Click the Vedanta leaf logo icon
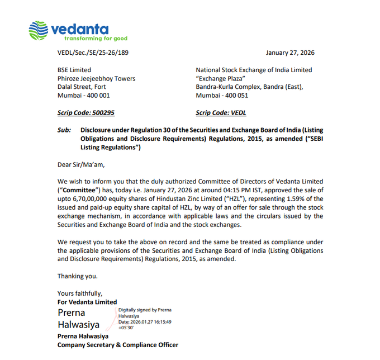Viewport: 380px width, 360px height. [39, 31]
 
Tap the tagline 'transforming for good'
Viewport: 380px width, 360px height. [96, 39]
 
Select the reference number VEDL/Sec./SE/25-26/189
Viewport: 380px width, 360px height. [93, 53]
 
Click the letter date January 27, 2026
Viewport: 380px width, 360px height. [290, 53]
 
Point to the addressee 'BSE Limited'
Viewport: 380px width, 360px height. [74, 70]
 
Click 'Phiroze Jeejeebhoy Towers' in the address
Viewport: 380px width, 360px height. [96, 79]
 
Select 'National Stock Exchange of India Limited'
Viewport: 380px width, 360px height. [254, 70]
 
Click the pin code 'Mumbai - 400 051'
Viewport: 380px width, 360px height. [222, 96]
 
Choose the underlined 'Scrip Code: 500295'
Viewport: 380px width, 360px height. [86, 113]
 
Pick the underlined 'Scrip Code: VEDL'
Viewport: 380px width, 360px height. [221, 113]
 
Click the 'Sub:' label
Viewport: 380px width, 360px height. [64, 130]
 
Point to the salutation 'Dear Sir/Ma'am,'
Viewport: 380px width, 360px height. [81, 164]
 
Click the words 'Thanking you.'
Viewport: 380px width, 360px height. [78, 276]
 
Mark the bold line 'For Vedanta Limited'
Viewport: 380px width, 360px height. [87, 302]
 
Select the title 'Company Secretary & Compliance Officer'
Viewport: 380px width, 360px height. [118, 345]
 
